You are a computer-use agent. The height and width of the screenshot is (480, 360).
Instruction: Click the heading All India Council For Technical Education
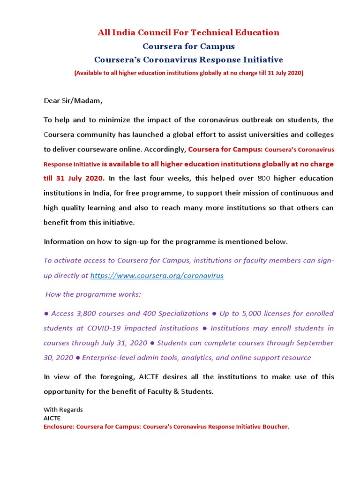pyautogui.click(x=188, y=32)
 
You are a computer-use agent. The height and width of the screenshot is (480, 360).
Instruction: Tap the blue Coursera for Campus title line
pyautogui.click(x=188, y=46)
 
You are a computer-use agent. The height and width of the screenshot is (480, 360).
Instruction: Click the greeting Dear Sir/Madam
pyautogui.click(x=73, y=101)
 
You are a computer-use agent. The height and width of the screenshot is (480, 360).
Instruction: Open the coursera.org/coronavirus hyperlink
pyautogui.click(x=157, y=276)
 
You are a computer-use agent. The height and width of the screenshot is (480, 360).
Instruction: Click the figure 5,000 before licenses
pyautogui.click(x=255, y=313)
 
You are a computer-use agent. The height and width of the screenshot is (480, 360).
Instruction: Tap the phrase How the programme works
pyautogui.click(x=93, y=294)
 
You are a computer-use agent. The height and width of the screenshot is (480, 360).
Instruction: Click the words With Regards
pyautogui.click(x=63, y=410)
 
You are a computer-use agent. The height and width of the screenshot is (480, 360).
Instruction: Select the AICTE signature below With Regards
pyautogui.click(x=52, y=418)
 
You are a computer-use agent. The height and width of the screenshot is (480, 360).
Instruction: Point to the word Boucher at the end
pyautogui.click(x=276, y=427)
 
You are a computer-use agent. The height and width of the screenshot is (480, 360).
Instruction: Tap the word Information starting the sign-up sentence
pyautogui.click(x=64, y=242)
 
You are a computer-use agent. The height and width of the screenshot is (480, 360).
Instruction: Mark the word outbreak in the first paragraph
pyautogui.click(x=248, y=120)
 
